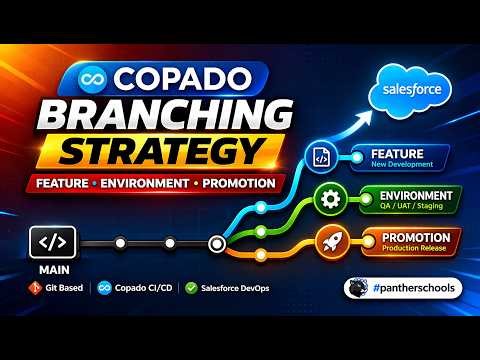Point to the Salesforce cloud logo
(x=409, y=91)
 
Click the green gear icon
(x=328, y=198)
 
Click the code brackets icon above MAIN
(x=53, y=242)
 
